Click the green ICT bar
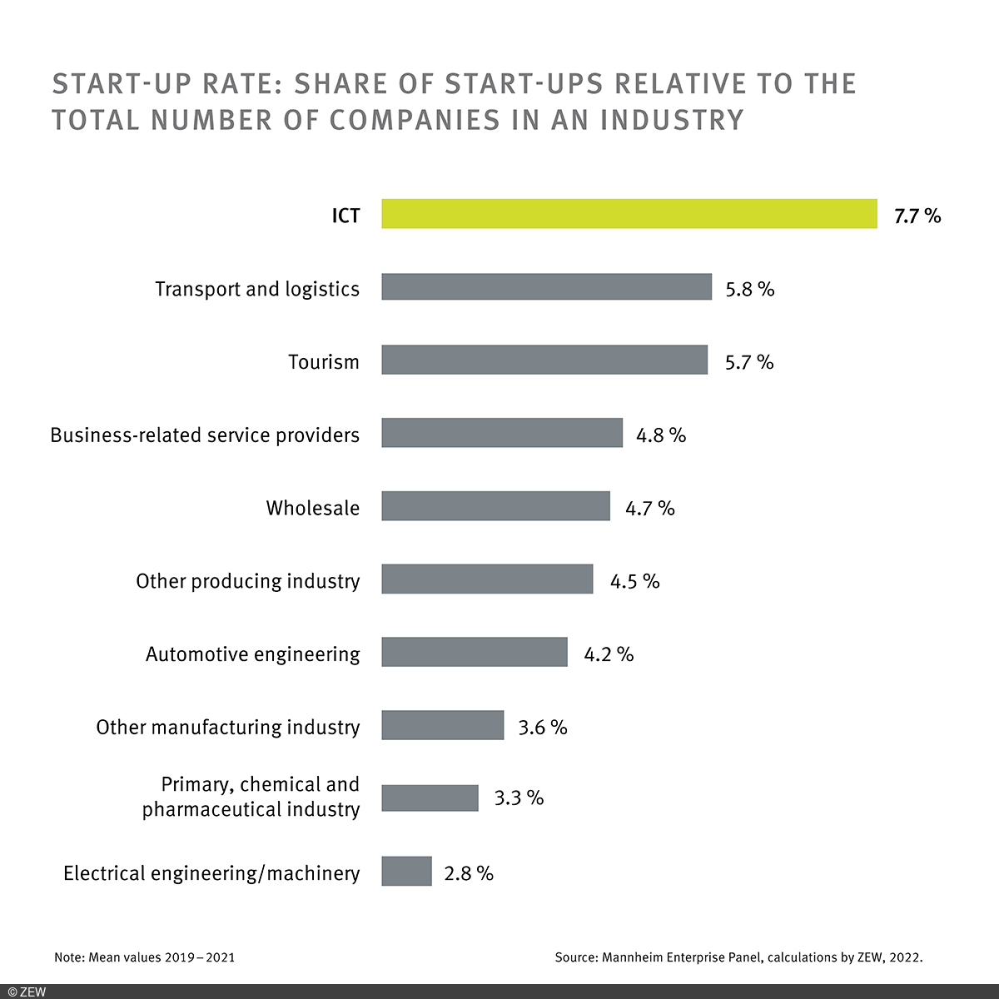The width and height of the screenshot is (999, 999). pos(629,214)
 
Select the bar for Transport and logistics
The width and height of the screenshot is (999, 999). pos(546,287)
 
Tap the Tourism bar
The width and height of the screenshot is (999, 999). pos(544,360)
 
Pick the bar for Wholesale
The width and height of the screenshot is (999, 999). pos(495,506)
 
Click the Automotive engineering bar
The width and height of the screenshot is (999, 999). pos(475,653)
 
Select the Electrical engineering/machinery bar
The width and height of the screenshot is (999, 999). pos(406,872)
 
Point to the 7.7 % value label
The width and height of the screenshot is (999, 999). pos(917,216)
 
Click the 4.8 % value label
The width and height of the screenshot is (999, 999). pos(661,435)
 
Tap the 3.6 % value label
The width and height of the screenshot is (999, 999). pos(543,728)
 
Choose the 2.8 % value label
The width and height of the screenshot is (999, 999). pos(469,873)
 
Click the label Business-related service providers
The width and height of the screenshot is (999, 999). pos(205,435)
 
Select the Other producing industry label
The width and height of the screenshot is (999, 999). pos(248,581)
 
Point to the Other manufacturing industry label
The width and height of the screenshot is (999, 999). pos(228,728)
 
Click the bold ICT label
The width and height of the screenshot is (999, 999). pos(345,216)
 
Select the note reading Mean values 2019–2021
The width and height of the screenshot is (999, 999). pos(144,957)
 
